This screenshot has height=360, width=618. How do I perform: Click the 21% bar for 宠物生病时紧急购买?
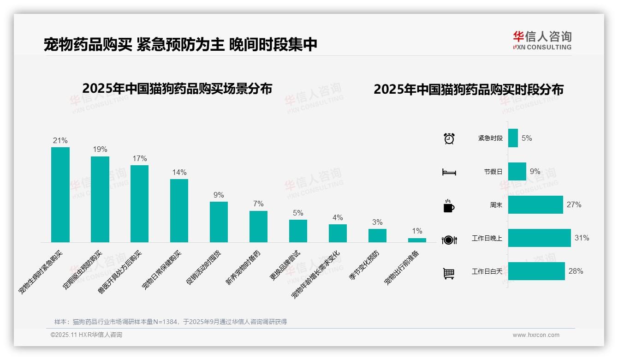[60, 195]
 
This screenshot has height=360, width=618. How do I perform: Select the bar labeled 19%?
[100, 199]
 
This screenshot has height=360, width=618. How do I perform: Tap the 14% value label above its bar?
[179, 173]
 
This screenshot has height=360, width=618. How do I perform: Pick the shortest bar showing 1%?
[417, 240]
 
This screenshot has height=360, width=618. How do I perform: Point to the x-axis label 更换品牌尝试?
[285, 266]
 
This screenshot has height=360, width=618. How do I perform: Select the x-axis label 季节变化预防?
[364, 266]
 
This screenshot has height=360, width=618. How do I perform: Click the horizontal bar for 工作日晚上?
[539, 238]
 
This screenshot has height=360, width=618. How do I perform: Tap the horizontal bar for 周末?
[535, 205]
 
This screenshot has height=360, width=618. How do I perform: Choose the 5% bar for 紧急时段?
[513, 138]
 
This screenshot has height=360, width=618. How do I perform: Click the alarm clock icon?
[449, 138]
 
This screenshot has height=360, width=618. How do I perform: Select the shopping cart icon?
[449, 273]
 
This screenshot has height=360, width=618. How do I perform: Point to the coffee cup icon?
[449, 206]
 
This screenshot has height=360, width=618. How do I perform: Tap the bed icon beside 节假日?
[449, 172]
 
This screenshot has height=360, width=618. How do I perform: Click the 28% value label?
[576, 271]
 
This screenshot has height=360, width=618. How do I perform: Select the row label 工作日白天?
[487, 271]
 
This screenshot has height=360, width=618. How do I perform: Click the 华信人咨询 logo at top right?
[542, 40]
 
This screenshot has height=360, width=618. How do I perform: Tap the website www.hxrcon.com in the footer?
[536, 335]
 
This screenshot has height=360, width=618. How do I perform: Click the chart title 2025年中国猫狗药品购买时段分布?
[469, 90]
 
